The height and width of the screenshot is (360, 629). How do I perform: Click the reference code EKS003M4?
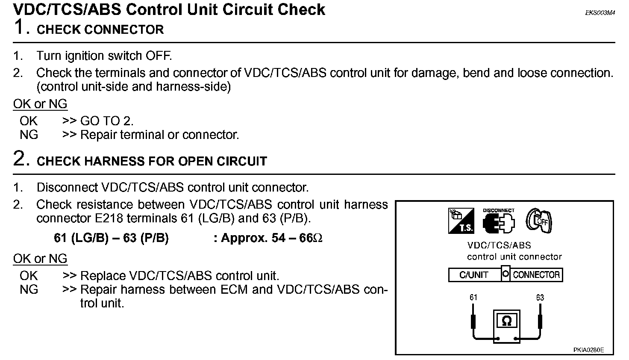pyautogui.click(x=600, y=13)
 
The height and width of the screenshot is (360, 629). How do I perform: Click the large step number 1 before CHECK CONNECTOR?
pyautogui.click(x=21, y=27)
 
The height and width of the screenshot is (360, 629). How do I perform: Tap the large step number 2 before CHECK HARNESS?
pyautogui.click(x=21, y=159)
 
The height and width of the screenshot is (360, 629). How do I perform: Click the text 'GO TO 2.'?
pyautogui.click(x=107, y=121)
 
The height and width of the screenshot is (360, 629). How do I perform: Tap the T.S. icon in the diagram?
pyautogui.click(x=461, y=221)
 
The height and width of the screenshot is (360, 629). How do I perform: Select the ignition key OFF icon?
pyautogui.click(x=539, y=221)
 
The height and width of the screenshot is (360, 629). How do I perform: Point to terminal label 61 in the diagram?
pyautogui.click(x=473, y=298)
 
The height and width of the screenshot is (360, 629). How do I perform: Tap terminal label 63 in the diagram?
pyautogui.click(x=540, y=298)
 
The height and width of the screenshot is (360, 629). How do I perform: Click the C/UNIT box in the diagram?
pyautogui.click(x=474, y=275)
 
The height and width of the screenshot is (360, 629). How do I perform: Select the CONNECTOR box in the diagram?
pyautogui.click(x=536, y=275)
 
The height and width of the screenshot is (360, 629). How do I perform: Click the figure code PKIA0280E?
pyautogui.click(x=588, y=350)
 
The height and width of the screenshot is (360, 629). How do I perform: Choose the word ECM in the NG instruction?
pyautogui.click(x=234, y=289)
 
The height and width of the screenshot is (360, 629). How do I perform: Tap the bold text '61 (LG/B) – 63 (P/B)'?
pyautogui.click(x=111, y=238)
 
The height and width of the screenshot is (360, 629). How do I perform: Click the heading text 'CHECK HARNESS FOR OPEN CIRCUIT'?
pyautogui.click(x=152, y=161)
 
